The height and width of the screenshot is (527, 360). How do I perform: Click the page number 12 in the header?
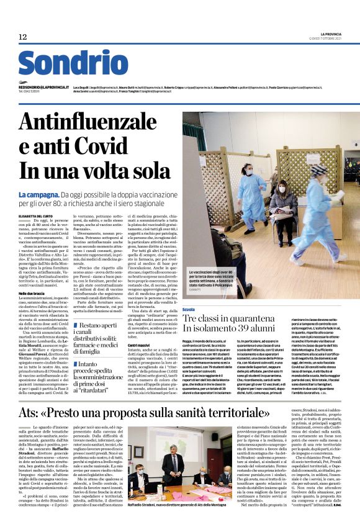(23, 37)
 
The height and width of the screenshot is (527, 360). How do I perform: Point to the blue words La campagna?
(38, 195)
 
